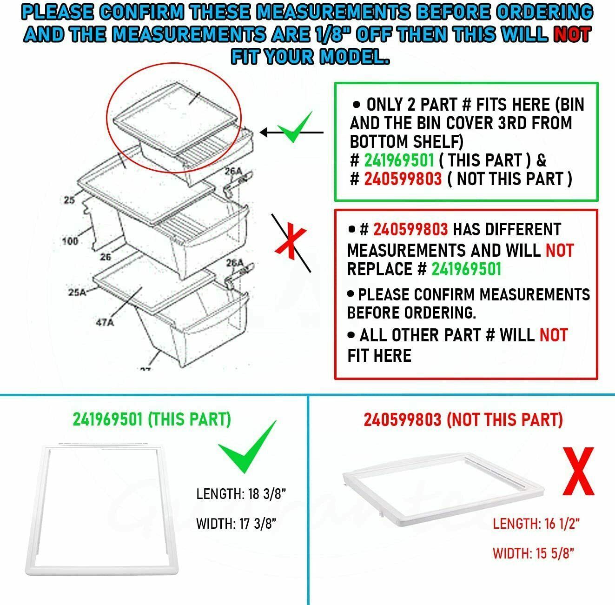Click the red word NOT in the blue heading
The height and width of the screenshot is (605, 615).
pos(572,34)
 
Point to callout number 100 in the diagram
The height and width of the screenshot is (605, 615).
pos(70,241)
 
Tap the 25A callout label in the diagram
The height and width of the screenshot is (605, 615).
pos(78,293)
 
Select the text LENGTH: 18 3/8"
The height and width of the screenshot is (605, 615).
pos(241,494)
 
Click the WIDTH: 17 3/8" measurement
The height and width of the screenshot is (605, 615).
pos(237,524)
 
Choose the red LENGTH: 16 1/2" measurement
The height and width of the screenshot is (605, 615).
pos(536,524)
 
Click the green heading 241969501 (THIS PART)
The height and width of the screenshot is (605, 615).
pos(152,419)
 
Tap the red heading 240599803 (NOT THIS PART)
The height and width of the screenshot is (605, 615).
pos(463,419)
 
